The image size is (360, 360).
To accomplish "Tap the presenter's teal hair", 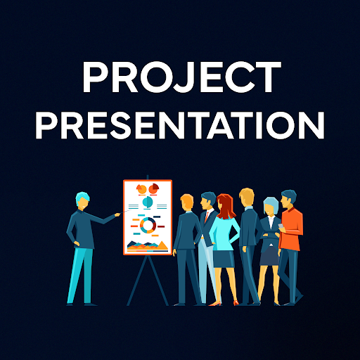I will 83,199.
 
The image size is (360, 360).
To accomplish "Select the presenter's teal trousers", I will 79,274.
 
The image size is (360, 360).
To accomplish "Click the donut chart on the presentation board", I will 148,225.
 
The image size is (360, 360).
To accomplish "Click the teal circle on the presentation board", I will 148,202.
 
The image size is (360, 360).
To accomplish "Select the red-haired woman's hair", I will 226,205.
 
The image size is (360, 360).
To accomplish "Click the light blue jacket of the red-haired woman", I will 224,232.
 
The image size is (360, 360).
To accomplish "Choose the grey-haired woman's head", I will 270,206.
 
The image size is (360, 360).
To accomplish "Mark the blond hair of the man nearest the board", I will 187,201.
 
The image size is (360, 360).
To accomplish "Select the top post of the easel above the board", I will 148,176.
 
